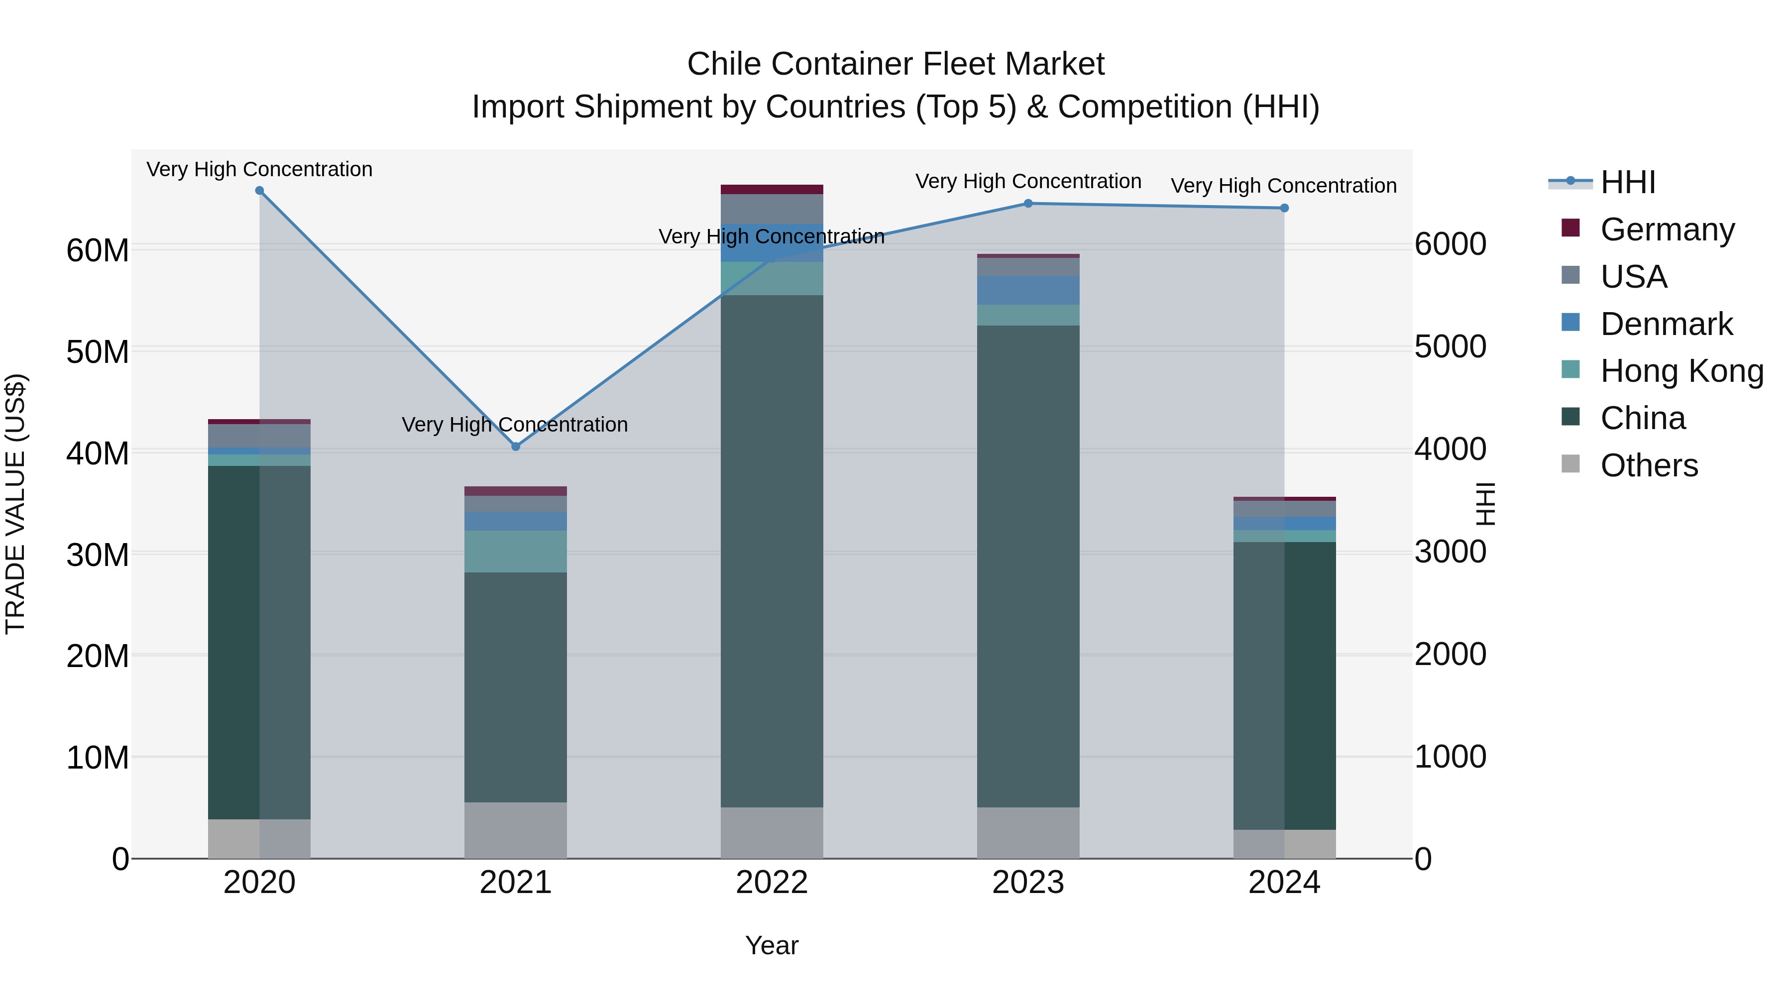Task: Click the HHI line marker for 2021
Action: click(x=516, y=447)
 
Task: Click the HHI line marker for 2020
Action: click(x=259, y=191)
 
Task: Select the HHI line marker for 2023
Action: click(x=1028, y=204)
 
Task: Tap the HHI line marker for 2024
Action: click(x=1284, y=208)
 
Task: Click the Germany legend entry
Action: click(x=1667, y=229)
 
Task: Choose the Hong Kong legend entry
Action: click(x=1681, y=371)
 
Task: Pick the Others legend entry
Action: click(x=1649, y=465)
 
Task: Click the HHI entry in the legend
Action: click(x=1627, y=182)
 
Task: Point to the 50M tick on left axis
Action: click(x=98, y=352)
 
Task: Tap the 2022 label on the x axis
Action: click(x=772, y=883)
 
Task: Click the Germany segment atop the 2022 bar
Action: click(x=772, y=189)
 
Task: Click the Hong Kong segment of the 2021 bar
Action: click(x=516, y=552)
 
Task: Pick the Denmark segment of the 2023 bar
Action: click(x=1028, y=290)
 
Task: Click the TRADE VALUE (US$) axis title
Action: click(x=15, y=504)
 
